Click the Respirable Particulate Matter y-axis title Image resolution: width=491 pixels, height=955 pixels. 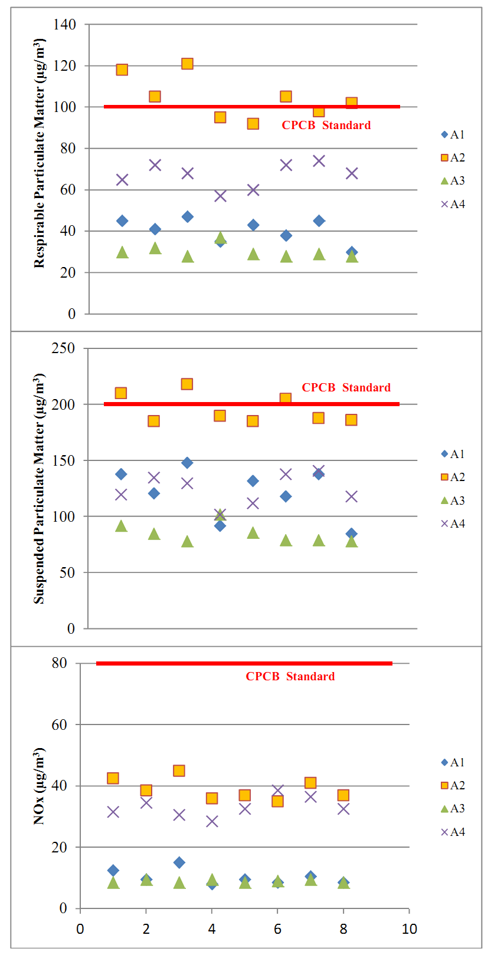tap(39, 153)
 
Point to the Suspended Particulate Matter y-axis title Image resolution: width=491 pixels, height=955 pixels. tap(39, 488)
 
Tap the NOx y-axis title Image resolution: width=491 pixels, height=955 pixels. tap(39, 786)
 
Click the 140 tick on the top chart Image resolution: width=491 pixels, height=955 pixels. tap(64, 24)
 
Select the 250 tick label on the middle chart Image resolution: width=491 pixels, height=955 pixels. tap(63, 348)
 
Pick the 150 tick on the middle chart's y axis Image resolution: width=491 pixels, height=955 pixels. tap(63, 460)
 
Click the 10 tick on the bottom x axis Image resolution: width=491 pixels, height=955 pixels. tap(409, 929)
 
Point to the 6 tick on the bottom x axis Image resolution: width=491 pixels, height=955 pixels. tap(277, 929)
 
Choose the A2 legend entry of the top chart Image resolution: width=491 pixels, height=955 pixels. tap(453, 157)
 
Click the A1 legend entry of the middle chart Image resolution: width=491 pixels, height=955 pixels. tap(453, 454)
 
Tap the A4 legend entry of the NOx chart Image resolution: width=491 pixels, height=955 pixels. tap(453, 832)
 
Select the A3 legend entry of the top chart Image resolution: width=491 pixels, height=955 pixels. tap(453, 180)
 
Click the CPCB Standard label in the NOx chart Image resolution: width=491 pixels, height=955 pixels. tap(290, 676)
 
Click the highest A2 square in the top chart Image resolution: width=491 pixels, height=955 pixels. tap(187, 64)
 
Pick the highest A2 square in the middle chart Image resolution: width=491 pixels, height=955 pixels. tap(186, 384)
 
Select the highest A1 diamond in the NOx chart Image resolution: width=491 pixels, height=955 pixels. tap(179, 862)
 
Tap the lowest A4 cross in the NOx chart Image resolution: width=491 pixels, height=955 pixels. tap(212, 821)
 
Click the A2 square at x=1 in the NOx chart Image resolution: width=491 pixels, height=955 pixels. tap(113, 778)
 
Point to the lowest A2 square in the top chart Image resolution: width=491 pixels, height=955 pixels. tap(253, 124)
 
